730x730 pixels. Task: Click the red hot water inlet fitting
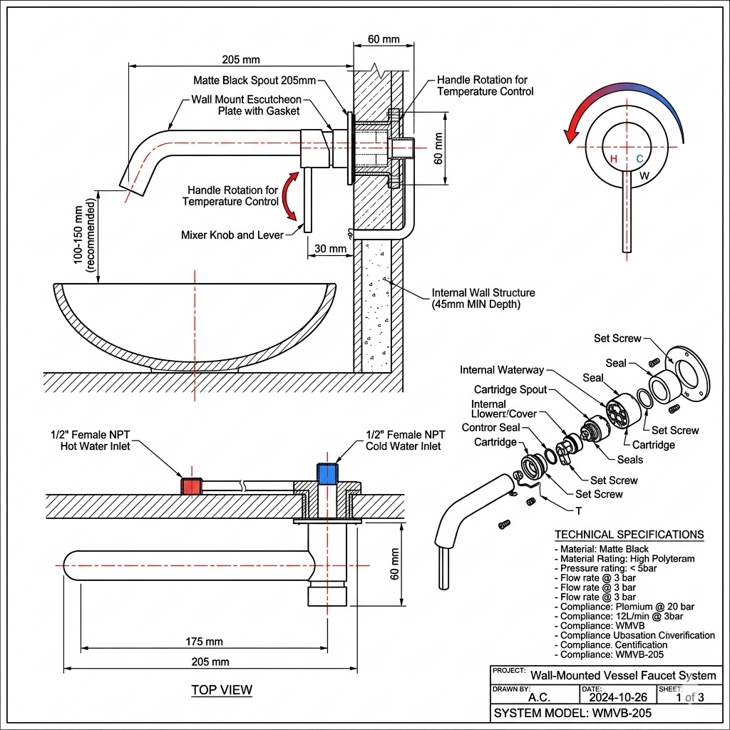192,486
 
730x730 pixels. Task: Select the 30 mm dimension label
329,249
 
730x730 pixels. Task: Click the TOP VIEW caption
221,690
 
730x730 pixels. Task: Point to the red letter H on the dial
614,158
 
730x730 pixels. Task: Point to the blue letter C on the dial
639,158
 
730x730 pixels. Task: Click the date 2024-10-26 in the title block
618,697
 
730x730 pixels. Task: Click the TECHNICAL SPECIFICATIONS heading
629,535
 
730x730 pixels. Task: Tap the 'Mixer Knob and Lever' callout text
232,235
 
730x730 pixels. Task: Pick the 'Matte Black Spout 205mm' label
255,81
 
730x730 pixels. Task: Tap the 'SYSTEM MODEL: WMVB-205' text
572,714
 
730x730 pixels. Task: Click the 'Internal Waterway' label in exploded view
501,370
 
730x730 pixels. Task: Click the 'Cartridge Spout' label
510,389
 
